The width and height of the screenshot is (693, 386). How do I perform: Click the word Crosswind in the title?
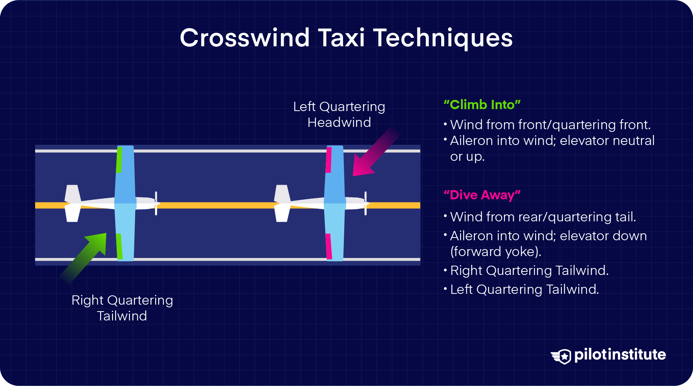point(244,38)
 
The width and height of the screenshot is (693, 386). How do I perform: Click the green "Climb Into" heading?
point(482,105)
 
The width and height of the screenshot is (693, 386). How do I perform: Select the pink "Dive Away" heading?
point(482,195)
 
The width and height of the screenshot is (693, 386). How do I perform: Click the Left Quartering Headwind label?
point(339,115)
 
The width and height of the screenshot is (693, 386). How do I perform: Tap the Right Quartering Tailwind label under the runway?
point(122,308)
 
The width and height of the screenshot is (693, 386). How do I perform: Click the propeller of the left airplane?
point(156,203)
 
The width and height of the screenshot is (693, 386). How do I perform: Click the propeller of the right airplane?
point(365,203)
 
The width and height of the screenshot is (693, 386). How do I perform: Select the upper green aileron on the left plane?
point(119,159)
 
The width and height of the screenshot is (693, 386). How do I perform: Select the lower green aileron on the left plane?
point(119,246)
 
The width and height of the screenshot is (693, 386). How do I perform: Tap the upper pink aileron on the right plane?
point(328,160)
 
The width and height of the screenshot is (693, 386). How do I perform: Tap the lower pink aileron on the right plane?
point(328,246)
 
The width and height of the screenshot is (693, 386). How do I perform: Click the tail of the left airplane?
point(72,203)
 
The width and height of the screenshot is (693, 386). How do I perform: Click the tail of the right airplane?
point(282,203)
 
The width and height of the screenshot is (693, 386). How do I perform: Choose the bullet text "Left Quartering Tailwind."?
point(524,289)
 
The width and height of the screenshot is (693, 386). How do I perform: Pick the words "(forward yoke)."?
point(496,251)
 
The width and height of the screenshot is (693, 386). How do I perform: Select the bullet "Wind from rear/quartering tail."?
point(543,217)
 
